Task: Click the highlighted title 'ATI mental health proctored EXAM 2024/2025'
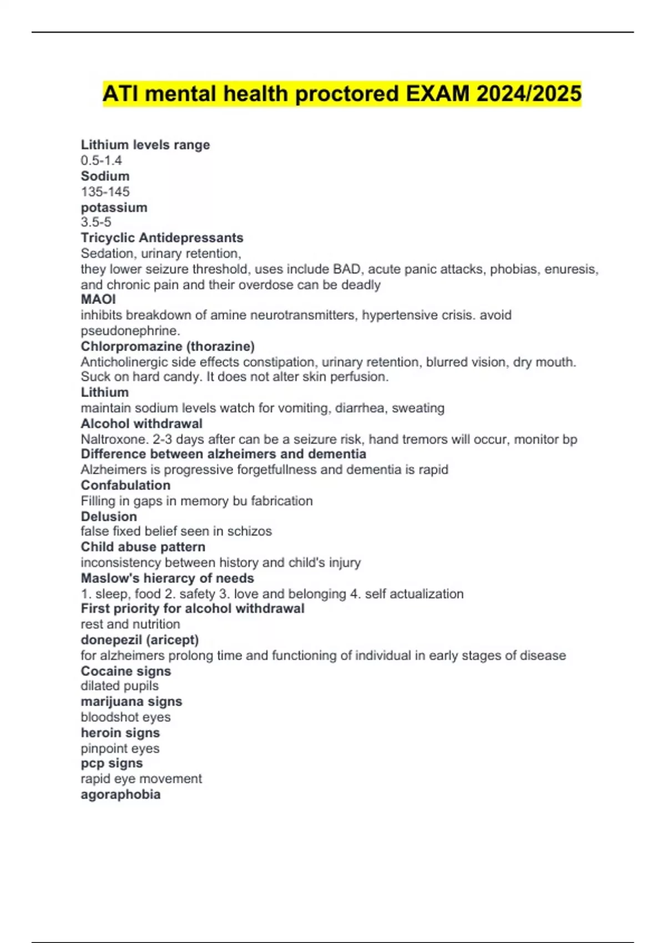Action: click(x=342, y=94)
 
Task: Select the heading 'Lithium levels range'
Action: click(x=145, y=145)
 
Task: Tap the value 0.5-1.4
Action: click(x=101, y=160)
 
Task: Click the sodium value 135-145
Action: click(x=105, y=191)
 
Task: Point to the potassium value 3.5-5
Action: click(x=96, y=222)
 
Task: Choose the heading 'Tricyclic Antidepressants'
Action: click(x=162, y=237)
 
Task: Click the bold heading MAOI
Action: click(x=98, y=300)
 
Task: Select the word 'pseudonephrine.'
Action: click(x=130, y=331)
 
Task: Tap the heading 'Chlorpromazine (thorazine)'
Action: click(x=168, y=346)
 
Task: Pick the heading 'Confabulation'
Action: click(x=125, y=485)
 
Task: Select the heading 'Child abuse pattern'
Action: click(x=143, y=547)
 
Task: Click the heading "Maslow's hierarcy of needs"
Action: click(x=167, y=578)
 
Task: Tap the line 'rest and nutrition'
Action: click(x=130, y=624)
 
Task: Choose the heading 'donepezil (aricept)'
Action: click(x=139, y=640)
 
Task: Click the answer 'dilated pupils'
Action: click(x=119, y=686)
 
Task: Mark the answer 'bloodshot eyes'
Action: click(x=125, y=717)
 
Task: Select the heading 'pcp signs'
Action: click(x=112, y=763)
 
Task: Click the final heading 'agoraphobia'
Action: click(x=120, y=794)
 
